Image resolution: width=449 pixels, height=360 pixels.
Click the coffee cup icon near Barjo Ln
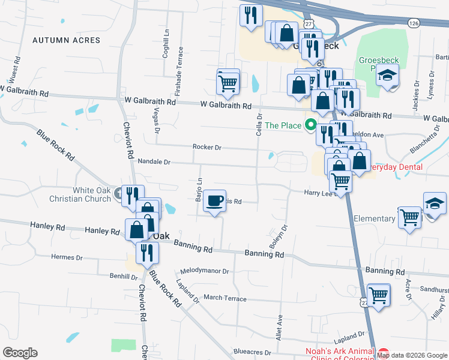coord(215,200)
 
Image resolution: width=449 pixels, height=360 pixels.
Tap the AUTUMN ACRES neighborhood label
coord(66,40)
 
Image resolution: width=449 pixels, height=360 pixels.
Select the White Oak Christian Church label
coord(92,194)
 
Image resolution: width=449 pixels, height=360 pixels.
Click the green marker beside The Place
coord(310,125)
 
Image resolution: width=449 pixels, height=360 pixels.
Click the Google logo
coord(20,353)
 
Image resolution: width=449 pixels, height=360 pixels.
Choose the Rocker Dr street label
coord(207,147)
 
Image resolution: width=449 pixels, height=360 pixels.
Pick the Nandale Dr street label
coord(154,162)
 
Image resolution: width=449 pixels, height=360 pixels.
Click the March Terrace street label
coord(225,298)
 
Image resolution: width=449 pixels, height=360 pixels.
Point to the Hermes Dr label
coord(67,257)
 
